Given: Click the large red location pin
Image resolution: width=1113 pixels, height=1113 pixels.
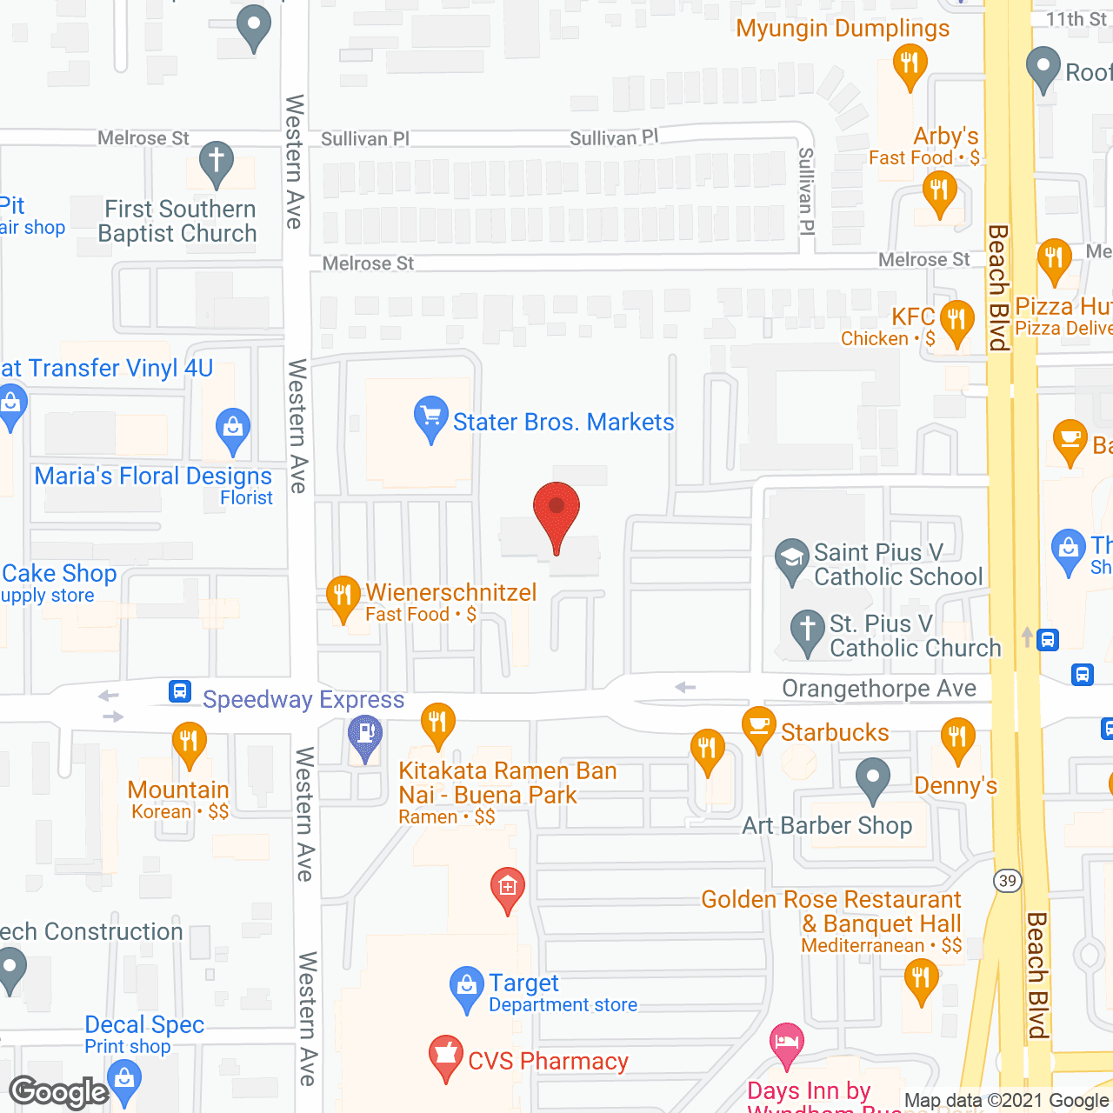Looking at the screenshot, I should pos(556,513).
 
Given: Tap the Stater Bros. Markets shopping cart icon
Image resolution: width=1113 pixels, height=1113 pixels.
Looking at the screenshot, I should pos(430,417).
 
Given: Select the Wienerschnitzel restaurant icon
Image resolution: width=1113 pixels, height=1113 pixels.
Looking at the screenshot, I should pos(343,596).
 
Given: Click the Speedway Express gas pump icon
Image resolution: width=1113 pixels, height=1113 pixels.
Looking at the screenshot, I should pos(365,736).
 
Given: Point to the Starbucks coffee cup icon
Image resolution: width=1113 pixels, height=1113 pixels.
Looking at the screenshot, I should pos(759,727).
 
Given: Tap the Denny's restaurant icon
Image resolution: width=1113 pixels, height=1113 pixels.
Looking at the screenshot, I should pos(956,738).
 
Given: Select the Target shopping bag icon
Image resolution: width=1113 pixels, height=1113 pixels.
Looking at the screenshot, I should pos(466,987).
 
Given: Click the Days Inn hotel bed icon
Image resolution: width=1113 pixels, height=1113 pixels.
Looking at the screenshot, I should pos(787,1043).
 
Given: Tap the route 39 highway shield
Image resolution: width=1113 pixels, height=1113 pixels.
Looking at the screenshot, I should pos(1007,881).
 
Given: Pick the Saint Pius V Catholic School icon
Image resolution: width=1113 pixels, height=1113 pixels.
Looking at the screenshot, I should pos(791,557).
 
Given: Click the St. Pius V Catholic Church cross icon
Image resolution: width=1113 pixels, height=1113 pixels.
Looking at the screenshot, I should pos(807,630).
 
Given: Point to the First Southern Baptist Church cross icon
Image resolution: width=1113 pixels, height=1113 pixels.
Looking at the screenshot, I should pos(217,162).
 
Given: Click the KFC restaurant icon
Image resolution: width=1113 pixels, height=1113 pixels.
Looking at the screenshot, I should pos(956,321).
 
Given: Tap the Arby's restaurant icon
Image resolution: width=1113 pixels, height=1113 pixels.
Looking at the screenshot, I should pos(939,190).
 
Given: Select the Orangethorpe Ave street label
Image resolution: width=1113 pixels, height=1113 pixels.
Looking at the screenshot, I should pos(879,689).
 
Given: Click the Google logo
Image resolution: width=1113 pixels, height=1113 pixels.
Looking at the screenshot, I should pos(59,1092).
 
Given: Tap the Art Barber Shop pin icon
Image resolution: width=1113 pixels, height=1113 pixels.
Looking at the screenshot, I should pos(872,778).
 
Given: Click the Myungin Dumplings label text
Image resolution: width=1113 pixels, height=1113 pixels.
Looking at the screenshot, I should pos(843,29).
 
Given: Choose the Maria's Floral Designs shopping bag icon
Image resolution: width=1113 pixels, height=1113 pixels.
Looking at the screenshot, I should pos(232,428).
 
